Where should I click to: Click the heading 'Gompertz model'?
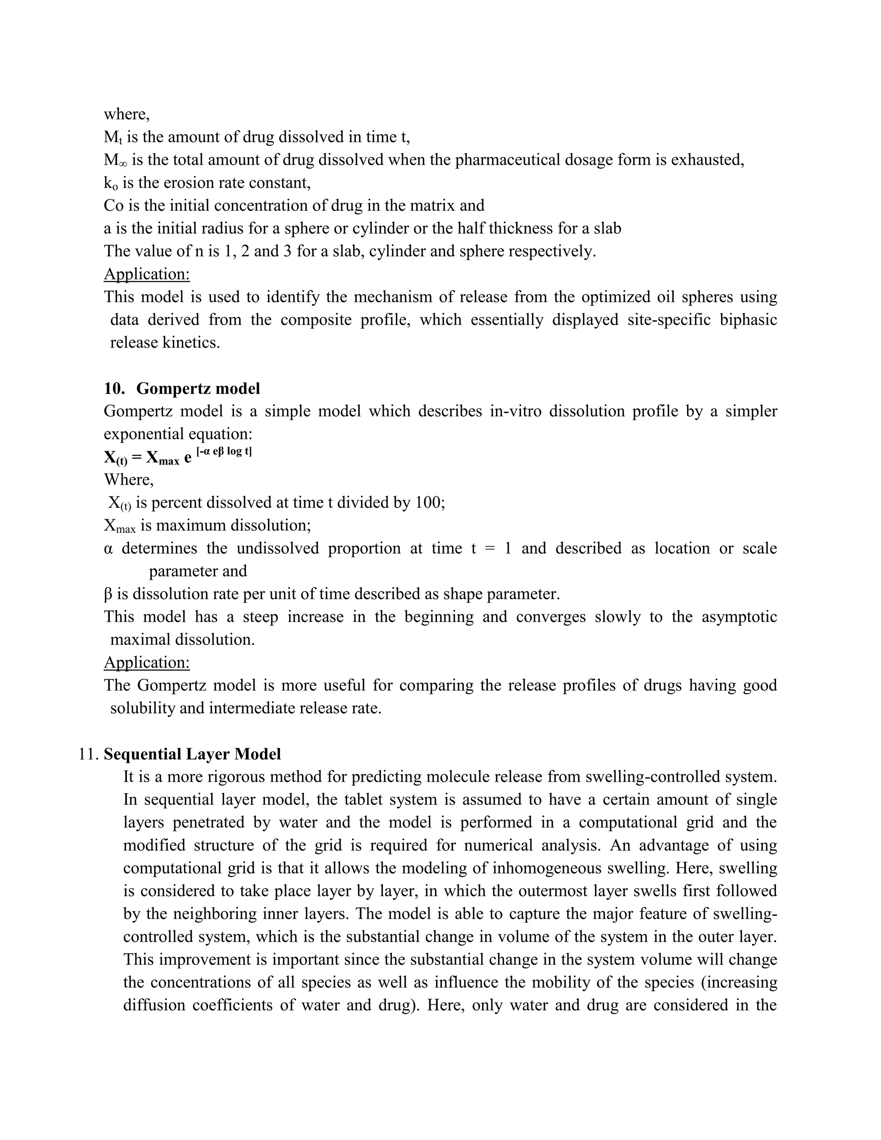pyautogui.click(x=198, y=388)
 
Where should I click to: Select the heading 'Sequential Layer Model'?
pyautogui.click(x=192, y=754)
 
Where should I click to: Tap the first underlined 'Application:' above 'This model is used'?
pyautogui.click(x=147, y=274)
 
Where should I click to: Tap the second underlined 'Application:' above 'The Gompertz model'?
pyautogui.click(x=147, y=662)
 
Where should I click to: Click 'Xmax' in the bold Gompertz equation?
pyautogui.click(x=162, y=458)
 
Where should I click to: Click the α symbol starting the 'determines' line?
pyautogui.click(x=108, y=548)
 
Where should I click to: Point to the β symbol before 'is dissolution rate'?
pyautogui.click(x=108, y=594)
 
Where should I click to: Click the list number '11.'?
pyautogui.click(x=88, y=754)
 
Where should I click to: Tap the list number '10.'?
pyautogui.click(x=114, y=388)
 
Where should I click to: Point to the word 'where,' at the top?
pyautogui.click(x=127, y=114)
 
